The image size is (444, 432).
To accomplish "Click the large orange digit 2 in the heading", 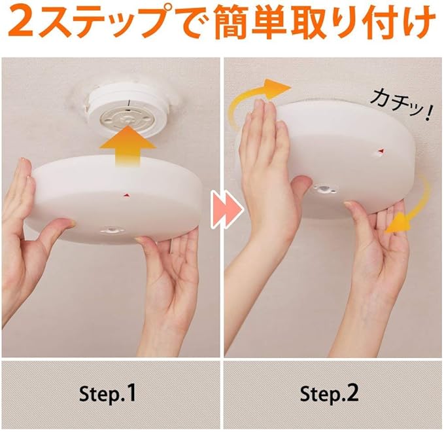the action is tap(21, 22).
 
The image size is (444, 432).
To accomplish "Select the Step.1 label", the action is tap(107, 393).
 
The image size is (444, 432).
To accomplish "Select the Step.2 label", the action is tap(329, 393).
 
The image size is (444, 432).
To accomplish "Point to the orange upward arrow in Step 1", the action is tap(128, 147).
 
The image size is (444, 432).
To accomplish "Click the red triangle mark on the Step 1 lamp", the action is tap(126, 195).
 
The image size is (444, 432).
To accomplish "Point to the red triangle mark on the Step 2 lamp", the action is tap(381, 150).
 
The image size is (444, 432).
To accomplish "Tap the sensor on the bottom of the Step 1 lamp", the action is tap(112, 230).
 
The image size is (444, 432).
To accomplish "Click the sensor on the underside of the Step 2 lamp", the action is tap(326, 189).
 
